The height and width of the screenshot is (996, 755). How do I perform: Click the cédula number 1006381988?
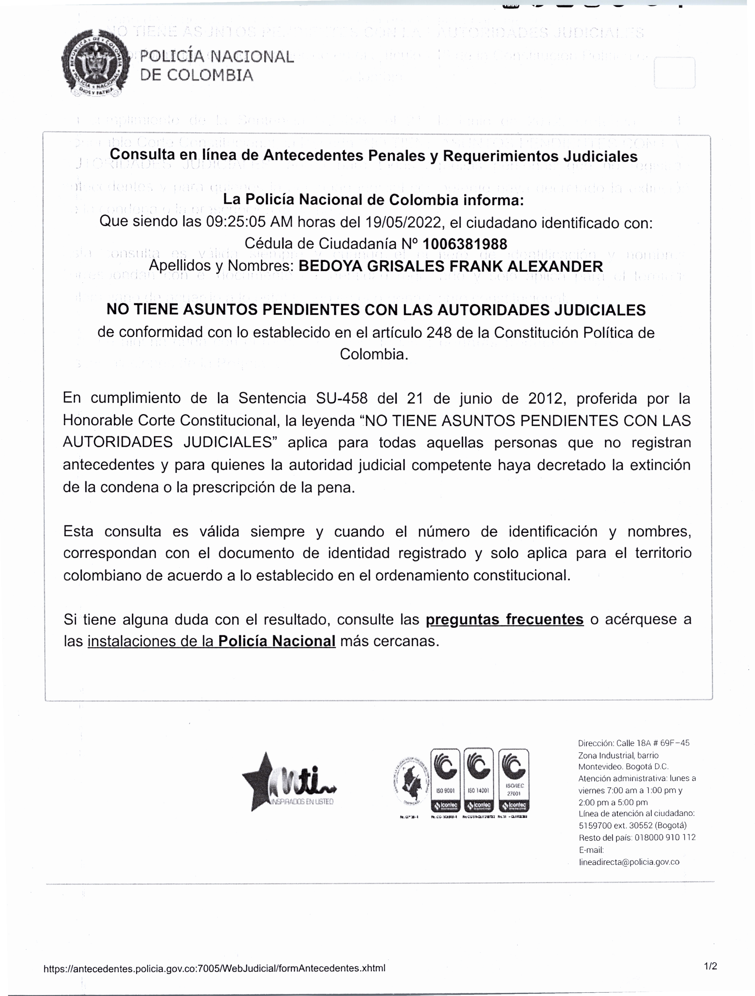click(x=465, y=244)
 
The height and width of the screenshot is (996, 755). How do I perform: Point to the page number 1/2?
click(x=710, y=965)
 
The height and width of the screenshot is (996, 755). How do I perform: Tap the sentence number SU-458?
click(x=341, y=399)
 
